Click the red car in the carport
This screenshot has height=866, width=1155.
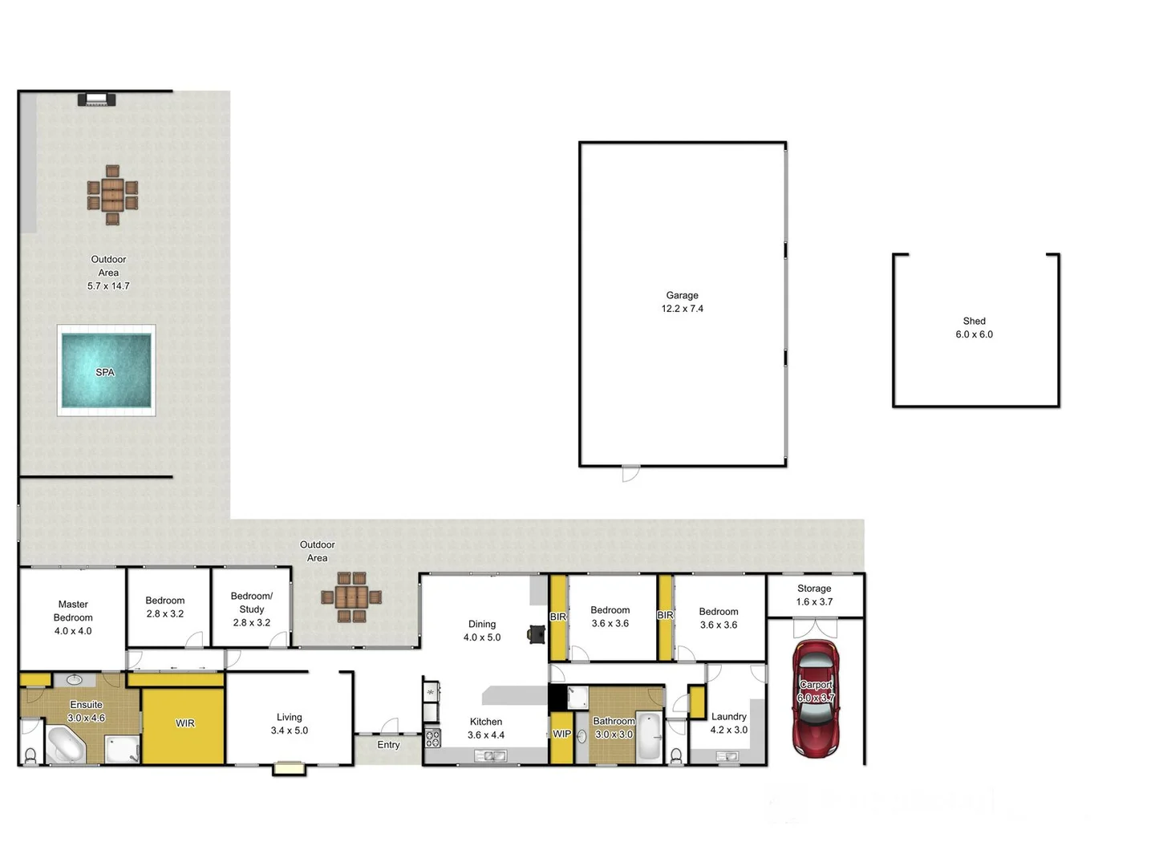point(815,699)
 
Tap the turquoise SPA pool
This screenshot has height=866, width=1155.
point(106,371)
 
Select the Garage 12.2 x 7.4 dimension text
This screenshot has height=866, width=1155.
point(682,309)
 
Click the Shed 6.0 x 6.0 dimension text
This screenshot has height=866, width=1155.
point(974,334)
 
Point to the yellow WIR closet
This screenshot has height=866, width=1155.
point(184,723)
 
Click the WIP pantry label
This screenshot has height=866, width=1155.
point(561,734)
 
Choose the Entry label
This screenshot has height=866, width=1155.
point(388,745)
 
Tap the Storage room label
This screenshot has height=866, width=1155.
point(814,589)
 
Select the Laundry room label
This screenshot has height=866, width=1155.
point(728,717)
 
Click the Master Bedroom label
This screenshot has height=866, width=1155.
point(73,611)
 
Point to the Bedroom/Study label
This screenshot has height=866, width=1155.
point(251,602)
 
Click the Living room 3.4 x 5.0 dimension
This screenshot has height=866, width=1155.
point(289,730)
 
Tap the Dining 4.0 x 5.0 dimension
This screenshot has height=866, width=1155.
point(481,637)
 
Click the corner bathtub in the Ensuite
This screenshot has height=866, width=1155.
point(64,744)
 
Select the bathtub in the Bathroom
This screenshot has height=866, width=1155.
point(648,735)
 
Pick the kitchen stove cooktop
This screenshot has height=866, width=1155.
point(432,738)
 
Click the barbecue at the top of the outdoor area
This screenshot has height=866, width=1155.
point(97,99)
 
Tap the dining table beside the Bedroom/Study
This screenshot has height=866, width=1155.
point(351,597)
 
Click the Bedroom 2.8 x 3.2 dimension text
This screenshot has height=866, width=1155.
point(164,614)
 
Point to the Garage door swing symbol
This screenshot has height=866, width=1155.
point(630,473)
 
